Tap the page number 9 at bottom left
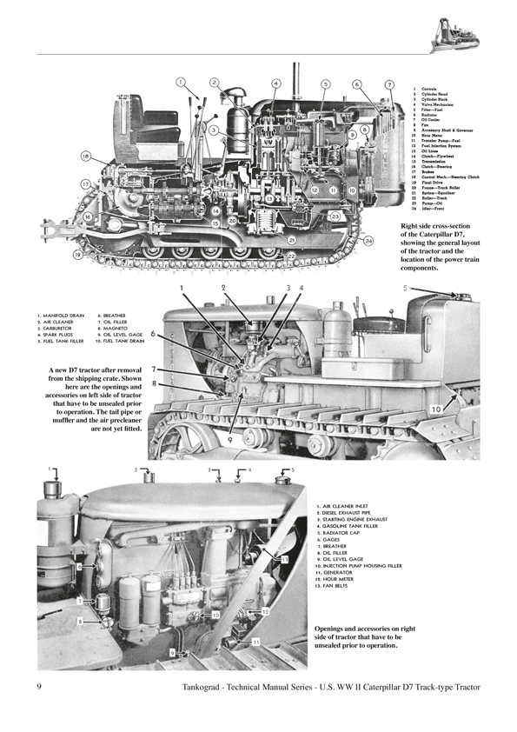[x=41, y=689]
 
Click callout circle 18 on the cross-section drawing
[x=85, y=156]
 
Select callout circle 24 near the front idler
[x=368, y=240]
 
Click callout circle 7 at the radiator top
[x=389, y=84]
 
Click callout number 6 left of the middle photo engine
[x=153, y=333]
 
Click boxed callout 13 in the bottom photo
[x=255, y=641]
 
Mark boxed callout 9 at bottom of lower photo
[x=173, y=652]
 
